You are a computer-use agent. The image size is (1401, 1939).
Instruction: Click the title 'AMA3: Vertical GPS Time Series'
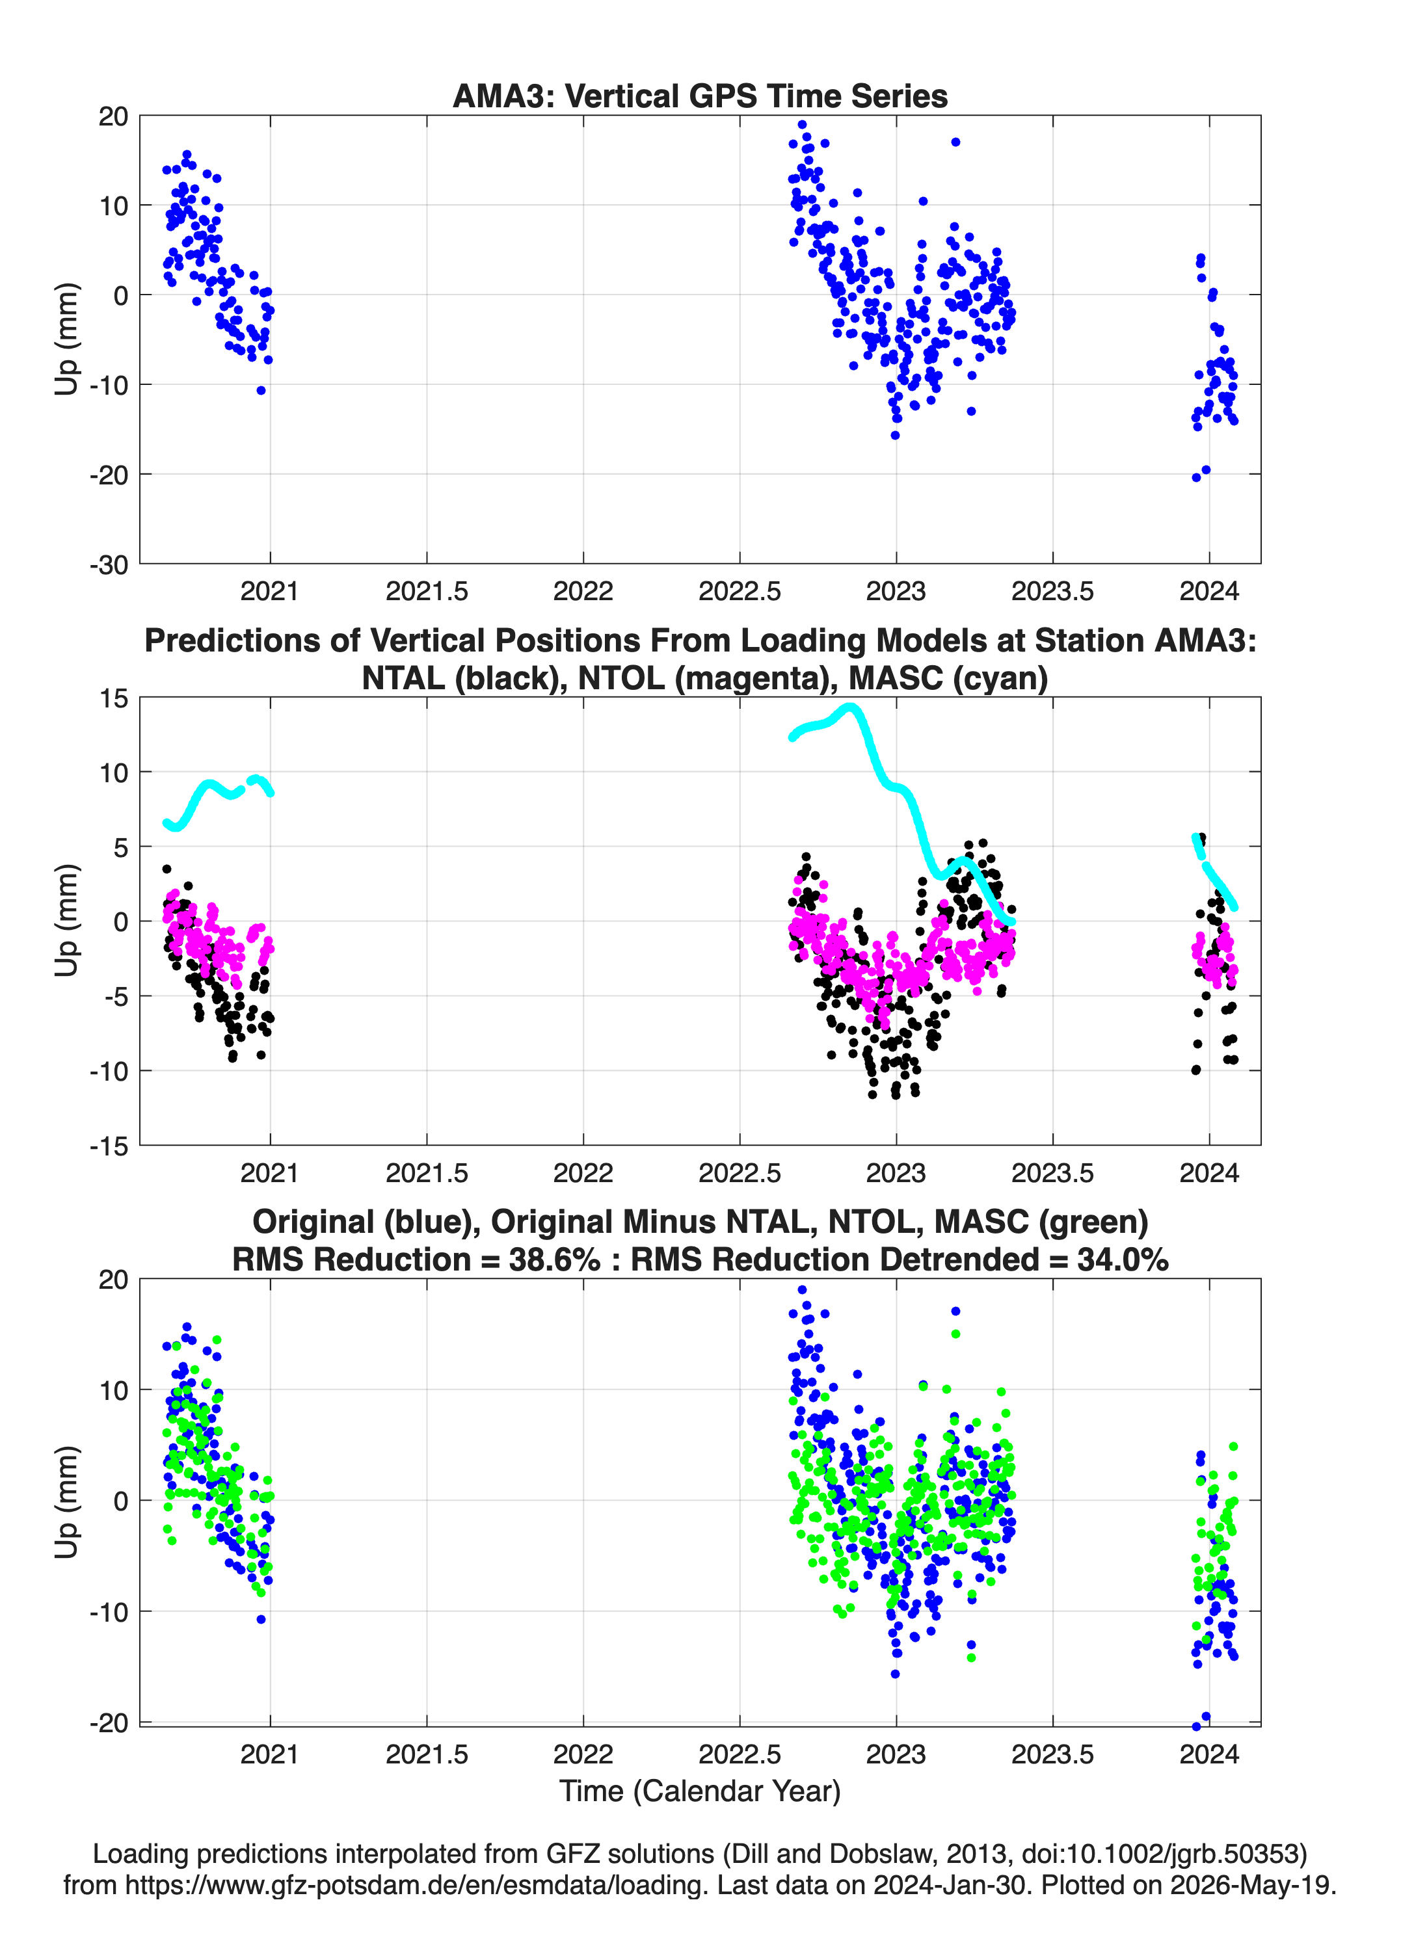(700, 96)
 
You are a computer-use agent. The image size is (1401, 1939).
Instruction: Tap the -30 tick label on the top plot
(109, 565)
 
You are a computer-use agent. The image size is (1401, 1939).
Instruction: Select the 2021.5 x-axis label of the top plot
(427, 592)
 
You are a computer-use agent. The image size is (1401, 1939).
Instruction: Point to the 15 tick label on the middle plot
(113, 698)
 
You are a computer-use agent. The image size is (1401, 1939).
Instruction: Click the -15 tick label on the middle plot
(109, 1146)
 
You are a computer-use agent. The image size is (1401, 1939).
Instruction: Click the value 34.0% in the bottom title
(1122, 1260)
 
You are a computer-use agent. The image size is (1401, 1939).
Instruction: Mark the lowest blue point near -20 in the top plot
(1195, 478)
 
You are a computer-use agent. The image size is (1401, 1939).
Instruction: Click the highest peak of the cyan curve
(849, 707)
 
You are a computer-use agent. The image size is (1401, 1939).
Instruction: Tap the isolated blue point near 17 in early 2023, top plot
(955, 142)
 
